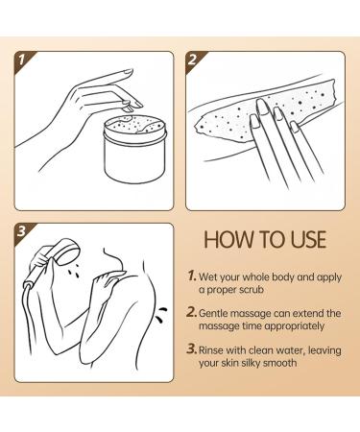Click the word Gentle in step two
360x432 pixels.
pyautogui.click(x=218, y=314)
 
